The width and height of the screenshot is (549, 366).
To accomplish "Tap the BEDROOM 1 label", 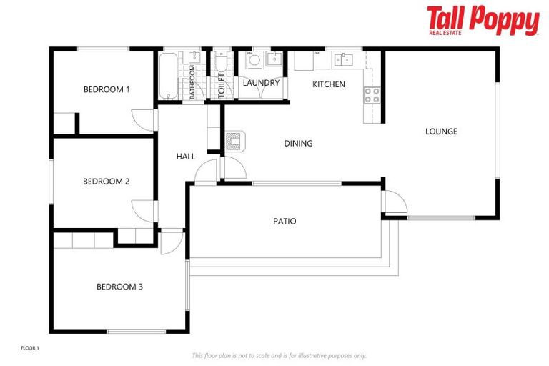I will (107, 90).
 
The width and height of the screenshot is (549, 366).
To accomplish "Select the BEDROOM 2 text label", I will (106, 182).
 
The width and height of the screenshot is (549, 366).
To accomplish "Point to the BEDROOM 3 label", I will (119, 287).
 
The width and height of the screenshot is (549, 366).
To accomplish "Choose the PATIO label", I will (285, 222).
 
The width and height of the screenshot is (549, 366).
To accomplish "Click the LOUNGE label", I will (441, 132).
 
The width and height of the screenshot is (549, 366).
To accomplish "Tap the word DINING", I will (298, 144).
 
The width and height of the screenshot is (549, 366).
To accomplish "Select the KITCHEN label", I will (329, 84).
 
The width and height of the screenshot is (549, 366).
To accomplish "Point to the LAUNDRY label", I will (261, 84).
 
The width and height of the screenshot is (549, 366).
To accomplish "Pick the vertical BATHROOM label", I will (192, 81).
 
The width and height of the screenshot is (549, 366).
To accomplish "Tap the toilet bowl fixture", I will (222, 65).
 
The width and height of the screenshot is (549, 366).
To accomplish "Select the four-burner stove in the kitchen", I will (372, 95).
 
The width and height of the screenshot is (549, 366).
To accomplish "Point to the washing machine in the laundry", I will (254, 61).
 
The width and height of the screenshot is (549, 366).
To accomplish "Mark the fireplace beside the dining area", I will (235, 140).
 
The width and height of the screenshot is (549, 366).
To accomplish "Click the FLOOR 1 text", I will (29, 348).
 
